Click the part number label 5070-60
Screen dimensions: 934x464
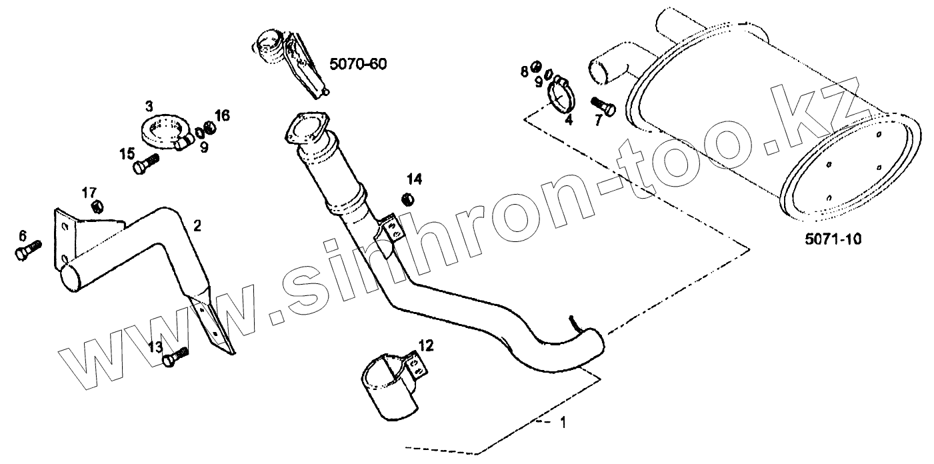[x=359, y=64]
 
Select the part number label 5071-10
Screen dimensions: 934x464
[x=833, y=238]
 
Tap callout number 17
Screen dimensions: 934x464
[x=89, y=193]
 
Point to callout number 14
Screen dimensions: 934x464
[x=415, y=179]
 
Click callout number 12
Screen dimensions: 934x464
[x=426, y=345]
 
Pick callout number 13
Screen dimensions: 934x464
[x=155, y=347]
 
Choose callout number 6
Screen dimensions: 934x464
[x=23, y=235]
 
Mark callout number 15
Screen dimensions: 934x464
[x=127, y=155]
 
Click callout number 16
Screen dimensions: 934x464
[x=222, y=115]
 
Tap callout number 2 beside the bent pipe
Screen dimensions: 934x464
[x=197, y=225]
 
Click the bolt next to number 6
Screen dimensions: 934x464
[x=27, y=250]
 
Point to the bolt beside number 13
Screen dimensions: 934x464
[x=175, y=358]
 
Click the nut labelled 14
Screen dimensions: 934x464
[x=409, y=198]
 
